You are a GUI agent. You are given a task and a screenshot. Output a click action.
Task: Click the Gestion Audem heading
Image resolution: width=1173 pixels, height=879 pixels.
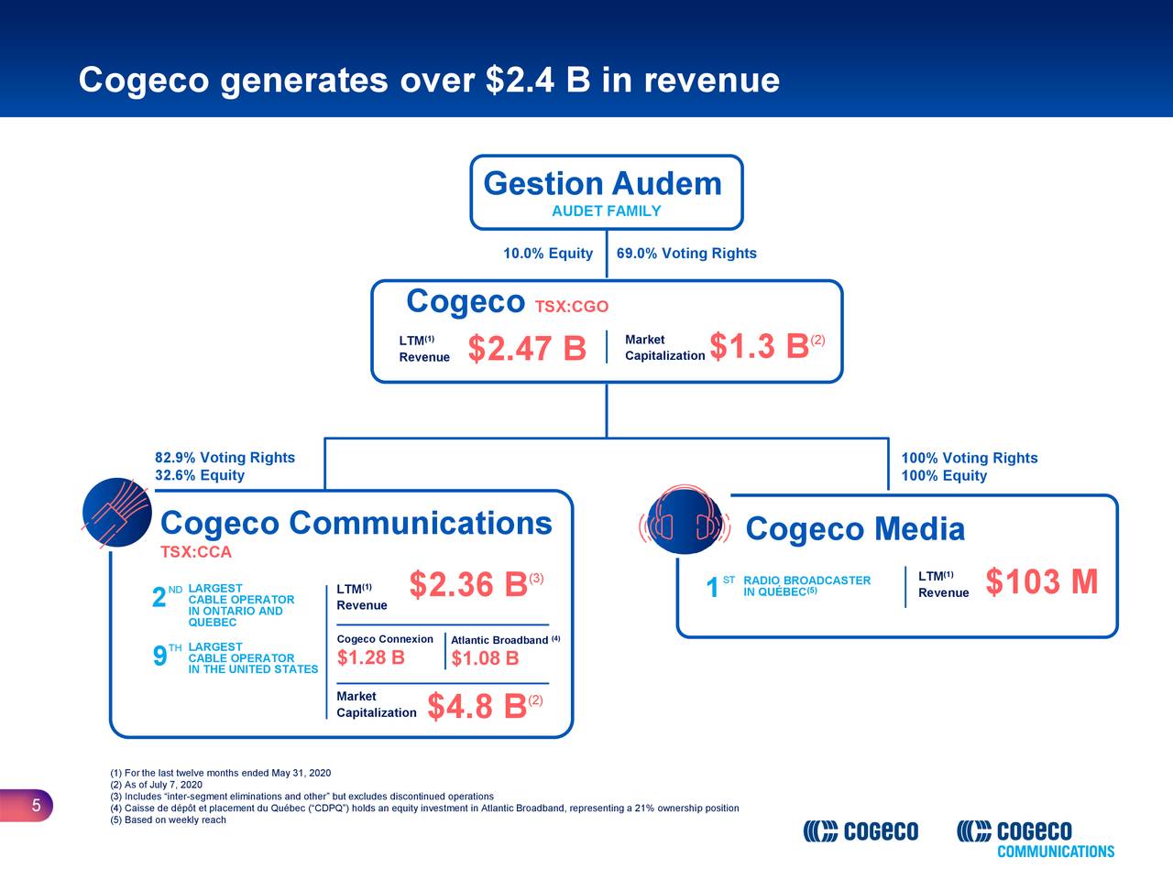click(x=602, y=184)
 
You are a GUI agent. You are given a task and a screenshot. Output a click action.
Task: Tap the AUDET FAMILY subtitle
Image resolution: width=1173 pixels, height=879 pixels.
click(x=606, y=212)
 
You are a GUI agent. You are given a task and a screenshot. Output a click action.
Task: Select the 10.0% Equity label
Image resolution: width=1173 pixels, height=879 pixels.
click(x=548, y=254)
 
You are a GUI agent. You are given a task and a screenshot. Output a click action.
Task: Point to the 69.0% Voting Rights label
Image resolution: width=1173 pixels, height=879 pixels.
click(x=686, y=254)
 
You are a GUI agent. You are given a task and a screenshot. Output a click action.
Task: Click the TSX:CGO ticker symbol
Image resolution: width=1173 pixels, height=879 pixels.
click(x=571, y=307)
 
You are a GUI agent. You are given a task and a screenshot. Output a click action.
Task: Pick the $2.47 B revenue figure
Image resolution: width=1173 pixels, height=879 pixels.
click(x=526, y=349)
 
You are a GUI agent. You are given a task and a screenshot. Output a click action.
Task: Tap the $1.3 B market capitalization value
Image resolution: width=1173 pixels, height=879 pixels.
click(x=759, y=347)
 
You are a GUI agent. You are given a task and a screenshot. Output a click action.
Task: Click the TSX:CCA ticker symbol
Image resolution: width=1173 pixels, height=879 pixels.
click(x=195, y=552)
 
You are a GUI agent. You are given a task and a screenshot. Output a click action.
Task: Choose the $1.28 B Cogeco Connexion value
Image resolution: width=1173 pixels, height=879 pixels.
click(x=371, y=658)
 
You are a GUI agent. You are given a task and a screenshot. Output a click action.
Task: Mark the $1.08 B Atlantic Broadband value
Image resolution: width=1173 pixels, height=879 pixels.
click(x=485, y=659)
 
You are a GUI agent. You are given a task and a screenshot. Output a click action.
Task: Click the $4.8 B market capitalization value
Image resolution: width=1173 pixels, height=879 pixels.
click(x=477, y=707)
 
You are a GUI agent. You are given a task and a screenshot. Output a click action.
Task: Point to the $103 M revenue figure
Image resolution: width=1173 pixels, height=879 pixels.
click(x=1041, y=581)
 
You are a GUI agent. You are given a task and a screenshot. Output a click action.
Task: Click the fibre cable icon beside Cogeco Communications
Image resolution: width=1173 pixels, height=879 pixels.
click(x=117, y=514)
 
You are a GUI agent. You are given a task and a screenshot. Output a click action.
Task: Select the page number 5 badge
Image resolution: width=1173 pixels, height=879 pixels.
click(x=35, y=806)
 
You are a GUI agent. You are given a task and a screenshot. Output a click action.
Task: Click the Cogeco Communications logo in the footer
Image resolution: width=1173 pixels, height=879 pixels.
click(x=1036, y=838)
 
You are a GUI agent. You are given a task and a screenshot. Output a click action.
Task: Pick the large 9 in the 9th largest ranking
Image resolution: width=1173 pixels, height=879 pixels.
click(x=159, y=657)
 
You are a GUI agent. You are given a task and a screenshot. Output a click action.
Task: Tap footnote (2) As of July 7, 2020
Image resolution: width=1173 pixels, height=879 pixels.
click(x=156, y=785)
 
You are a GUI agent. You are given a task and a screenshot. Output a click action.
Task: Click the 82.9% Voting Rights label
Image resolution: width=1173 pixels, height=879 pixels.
click(x=225, y=458)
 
